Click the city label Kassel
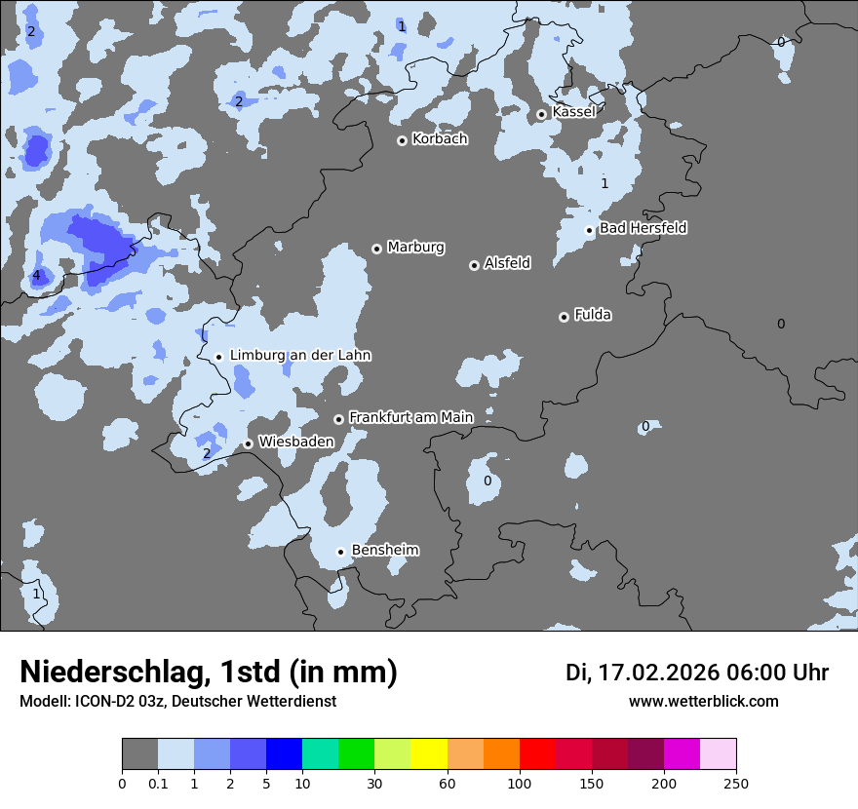point(573,112)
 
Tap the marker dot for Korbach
point(402,140)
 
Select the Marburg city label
point(415,248)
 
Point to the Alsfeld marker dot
point(474,265)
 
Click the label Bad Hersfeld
point(643,228)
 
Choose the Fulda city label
point(593,315)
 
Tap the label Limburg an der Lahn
point(300,356)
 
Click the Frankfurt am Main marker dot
point(339,419)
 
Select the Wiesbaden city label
point(295,442)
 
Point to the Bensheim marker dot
point(341,552)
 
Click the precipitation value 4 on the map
point(37,276)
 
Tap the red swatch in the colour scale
point(537,754)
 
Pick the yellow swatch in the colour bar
point(429,754)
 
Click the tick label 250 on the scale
point(736,783)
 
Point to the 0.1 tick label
point(158,783)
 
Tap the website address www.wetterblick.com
point(703,702)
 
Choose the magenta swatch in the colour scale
point(682,754)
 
